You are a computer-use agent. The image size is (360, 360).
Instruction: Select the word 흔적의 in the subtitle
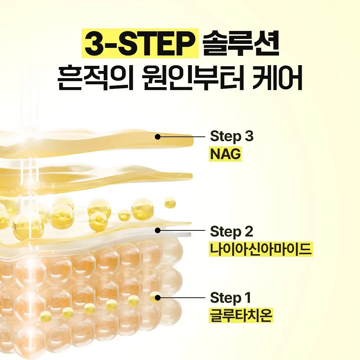[95, 78]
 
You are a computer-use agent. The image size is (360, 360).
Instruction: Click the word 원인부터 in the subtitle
[192, 78]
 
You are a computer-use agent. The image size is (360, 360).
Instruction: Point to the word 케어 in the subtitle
[277, 78]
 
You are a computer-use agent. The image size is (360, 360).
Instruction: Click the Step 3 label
[231, 136]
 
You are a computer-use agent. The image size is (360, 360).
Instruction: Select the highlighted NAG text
[225, 154]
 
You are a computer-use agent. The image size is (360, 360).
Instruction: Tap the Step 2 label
[231, 231]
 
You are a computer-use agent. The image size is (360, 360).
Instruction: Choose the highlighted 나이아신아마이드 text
[261, 249]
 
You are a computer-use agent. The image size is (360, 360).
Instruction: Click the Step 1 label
[230, 298]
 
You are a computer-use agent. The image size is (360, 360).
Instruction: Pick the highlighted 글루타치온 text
[241, 315]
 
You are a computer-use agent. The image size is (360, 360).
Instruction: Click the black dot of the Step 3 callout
[158, 137]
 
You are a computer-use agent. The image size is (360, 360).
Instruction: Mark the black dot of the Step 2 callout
[158, 230]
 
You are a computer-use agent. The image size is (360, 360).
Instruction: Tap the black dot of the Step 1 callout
[158, 298]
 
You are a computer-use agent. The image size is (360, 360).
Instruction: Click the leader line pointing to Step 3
[181, 137]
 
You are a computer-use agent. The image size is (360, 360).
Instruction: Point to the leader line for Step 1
[181, 298]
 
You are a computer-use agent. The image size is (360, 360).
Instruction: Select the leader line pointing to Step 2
[181, 230]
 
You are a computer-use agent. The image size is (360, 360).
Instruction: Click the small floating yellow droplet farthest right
[170, 202]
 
